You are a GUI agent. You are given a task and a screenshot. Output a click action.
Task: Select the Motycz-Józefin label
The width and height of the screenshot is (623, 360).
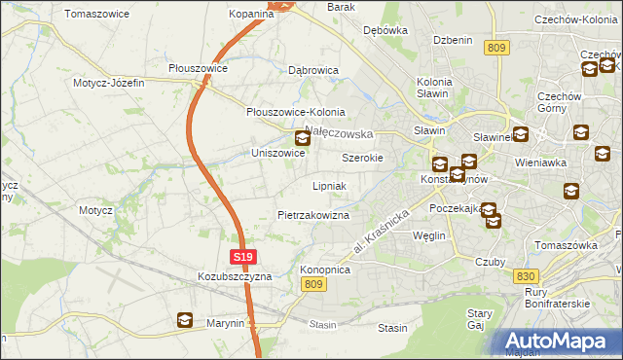pyautogui.click(x=108, y=83)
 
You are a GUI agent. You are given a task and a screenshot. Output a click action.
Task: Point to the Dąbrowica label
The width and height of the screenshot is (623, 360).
pyautogui.click(x=313, y=71)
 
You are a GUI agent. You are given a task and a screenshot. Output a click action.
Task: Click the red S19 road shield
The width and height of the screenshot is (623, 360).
pyautogui.click(x=244, y=257)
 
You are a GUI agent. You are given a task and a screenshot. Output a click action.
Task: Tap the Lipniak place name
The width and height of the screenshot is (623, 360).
pyautogui.click(x=329, y=185)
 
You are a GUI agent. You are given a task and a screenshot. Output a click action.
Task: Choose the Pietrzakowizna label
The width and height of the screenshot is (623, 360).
pyautogui.click(x=313, y=214)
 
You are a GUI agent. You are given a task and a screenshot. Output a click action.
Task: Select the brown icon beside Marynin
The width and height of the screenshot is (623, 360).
pyautogui.click(x=185, y=320)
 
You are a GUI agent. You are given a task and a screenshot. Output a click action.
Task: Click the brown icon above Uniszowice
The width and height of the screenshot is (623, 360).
pyautogui.click(x=303, y=138)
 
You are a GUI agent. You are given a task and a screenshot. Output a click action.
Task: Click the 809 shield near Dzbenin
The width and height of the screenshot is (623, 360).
pyautogui.click(x=498, y=47)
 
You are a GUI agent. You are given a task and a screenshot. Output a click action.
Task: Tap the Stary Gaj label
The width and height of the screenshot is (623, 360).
pyautogui.click(x=479, y=319)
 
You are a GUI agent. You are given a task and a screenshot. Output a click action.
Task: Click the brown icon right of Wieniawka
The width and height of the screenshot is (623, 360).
pyautogui.click(x=604, y=153)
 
